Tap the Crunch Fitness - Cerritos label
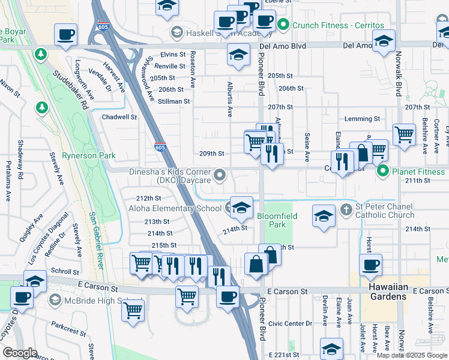point(337,25)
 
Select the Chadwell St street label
point(119,118)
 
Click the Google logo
point(20,353)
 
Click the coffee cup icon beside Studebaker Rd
point(65,34)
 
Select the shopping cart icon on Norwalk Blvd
point(404,134)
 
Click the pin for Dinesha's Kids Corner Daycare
point(220,175)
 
